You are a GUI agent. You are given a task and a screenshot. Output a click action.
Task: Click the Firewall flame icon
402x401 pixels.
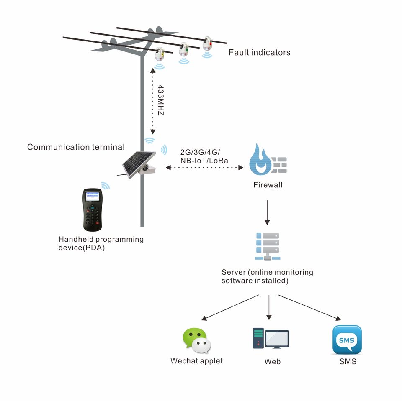click(260, 160)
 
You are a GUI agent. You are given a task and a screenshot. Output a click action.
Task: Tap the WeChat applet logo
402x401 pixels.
click(196, 341)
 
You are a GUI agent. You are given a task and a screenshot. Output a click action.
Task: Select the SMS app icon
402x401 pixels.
click(347, 340)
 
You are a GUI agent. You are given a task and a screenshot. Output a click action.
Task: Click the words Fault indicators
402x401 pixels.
click(259, 53)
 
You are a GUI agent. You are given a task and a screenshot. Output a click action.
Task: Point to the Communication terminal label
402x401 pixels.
click(76, 147)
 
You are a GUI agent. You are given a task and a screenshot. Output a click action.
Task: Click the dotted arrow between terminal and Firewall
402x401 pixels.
click(204, 168)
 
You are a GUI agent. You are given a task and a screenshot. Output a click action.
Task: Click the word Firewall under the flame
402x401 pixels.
click(268, 185)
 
